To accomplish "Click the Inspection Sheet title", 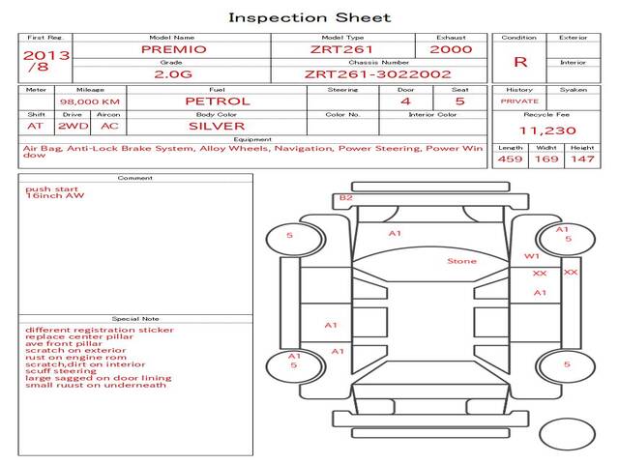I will (x=309, y=17).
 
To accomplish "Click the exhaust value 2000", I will (x=451, y=48).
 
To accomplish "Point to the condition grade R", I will (x=520, y=62).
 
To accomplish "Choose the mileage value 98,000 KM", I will (x=89, y=101).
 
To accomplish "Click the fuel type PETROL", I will (x=217, y=101).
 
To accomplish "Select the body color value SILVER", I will (x=217, y=126).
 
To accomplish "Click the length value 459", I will (x=510, y=159).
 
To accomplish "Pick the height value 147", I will (x=582, y=159).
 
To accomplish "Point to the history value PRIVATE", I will (x=519, y=101).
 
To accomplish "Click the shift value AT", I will (x=35, y=126).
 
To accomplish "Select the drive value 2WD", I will (x=69, y=126).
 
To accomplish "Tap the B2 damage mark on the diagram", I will (x=344, y=198).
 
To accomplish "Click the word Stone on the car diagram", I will (x=461, y=261).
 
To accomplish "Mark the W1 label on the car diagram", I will (x=531, y=256).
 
